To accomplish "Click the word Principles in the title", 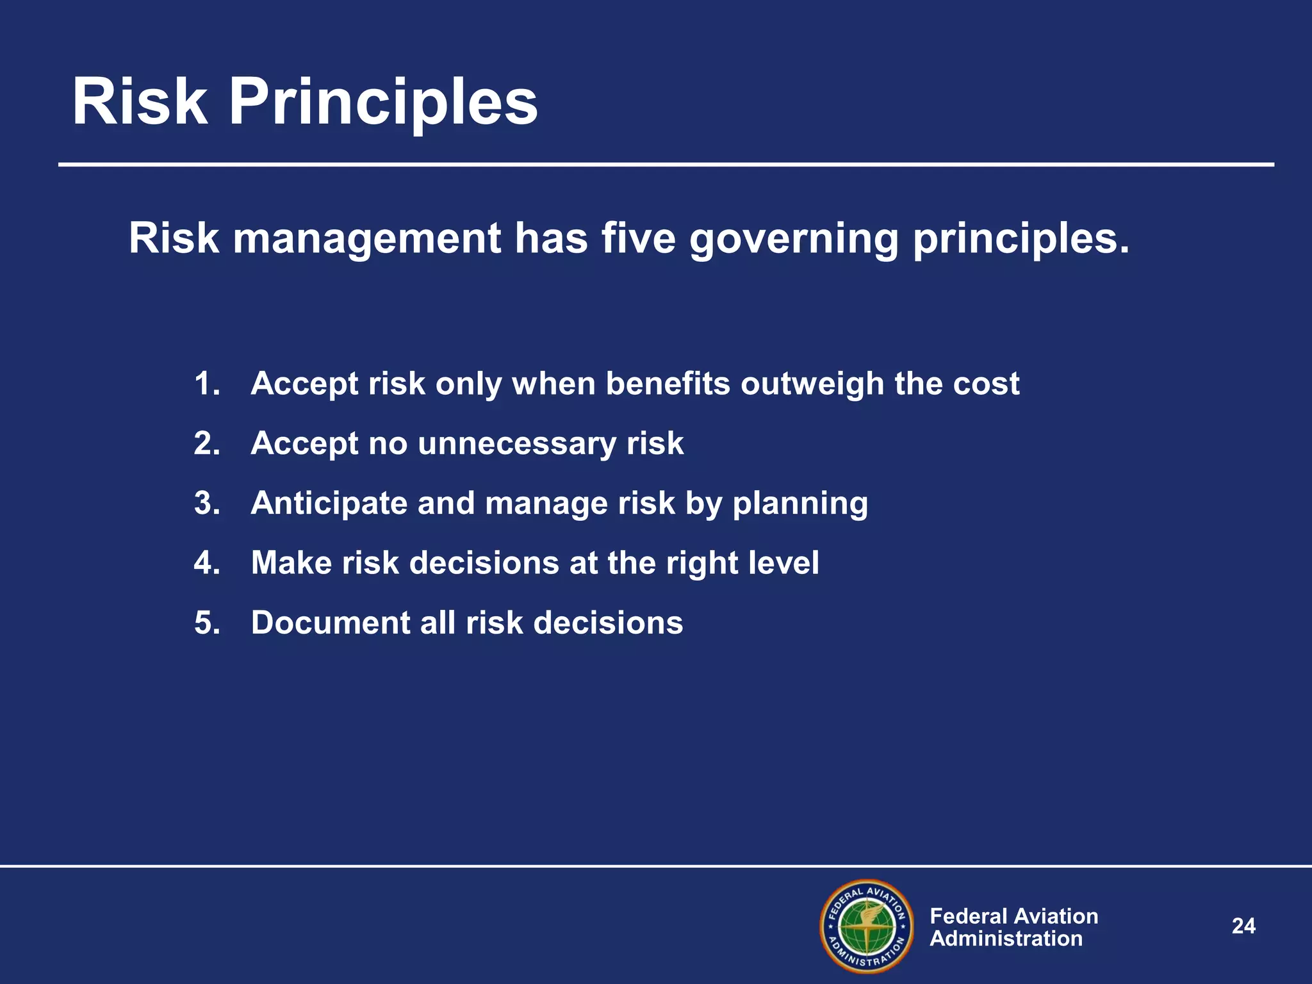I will (x=383, y=102).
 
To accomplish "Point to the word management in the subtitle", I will (x=366, y=240).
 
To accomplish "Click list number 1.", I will (x=206, y=384).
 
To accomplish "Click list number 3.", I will (x=207, y=503).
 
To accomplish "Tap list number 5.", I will (x=207, y=623).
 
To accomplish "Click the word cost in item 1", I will (x=986, y=384).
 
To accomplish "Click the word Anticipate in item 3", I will (x=329, y=504).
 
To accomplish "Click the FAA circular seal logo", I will (x=867, y=926).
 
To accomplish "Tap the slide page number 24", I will (x=1243, y=926).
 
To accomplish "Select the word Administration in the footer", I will (x=1006, y=939).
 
